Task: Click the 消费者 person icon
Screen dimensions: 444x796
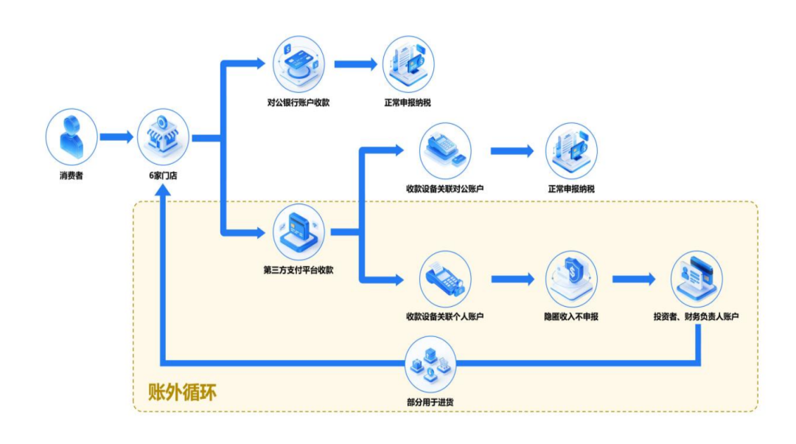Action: pyautogui.click(x=71, y=138)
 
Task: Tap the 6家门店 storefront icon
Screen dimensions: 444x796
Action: pyautogui.click(x=163, y=138)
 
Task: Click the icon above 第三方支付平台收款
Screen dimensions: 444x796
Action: pyautogui.click(x=298, y=231)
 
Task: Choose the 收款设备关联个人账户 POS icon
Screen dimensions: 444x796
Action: pyautogui.click(x=445, y=278)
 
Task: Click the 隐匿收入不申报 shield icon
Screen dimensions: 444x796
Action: pyautogui.click(x=571, y=278)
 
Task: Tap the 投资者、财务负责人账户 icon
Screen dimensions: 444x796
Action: pyautogui.click(x=696, y=278)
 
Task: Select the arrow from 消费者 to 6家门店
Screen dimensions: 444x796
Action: pyautogui.click(x=116, y=138)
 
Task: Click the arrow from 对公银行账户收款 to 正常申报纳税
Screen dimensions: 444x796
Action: pyautogui.click(x=356, y=64)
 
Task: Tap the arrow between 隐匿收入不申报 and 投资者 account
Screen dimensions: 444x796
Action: pyautogui.click(x=633, y=279)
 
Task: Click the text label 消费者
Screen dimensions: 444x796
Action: pyautogui.click(x=71, y=176)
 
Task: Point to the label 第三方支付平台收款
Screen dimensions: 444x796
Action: pyautogui.click(x=298, y=270)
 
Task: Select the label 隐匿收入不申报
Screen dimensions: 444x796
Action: pyautogui.click(x=571, y=317)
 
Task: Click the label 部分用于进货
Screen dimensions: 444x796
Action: pyautogui.click(x=431, y=402)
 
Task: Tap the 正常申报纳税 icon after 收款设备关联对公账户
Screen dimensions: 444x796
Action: pyautogui.click(x=571, y=151)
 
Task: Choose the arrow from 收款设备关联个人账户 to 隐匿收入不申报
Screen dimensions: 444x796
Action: pyautogui.click(x=512, y=279)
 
